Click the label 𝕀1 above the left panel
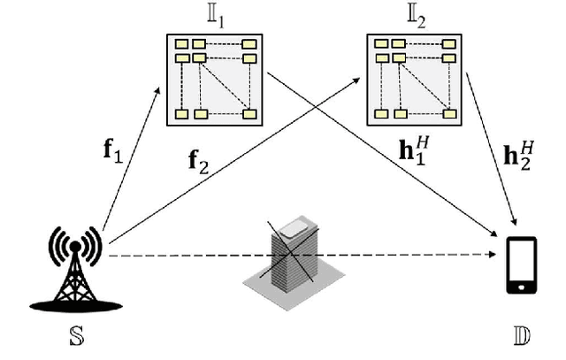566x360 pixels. click(x=215, y=18)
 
